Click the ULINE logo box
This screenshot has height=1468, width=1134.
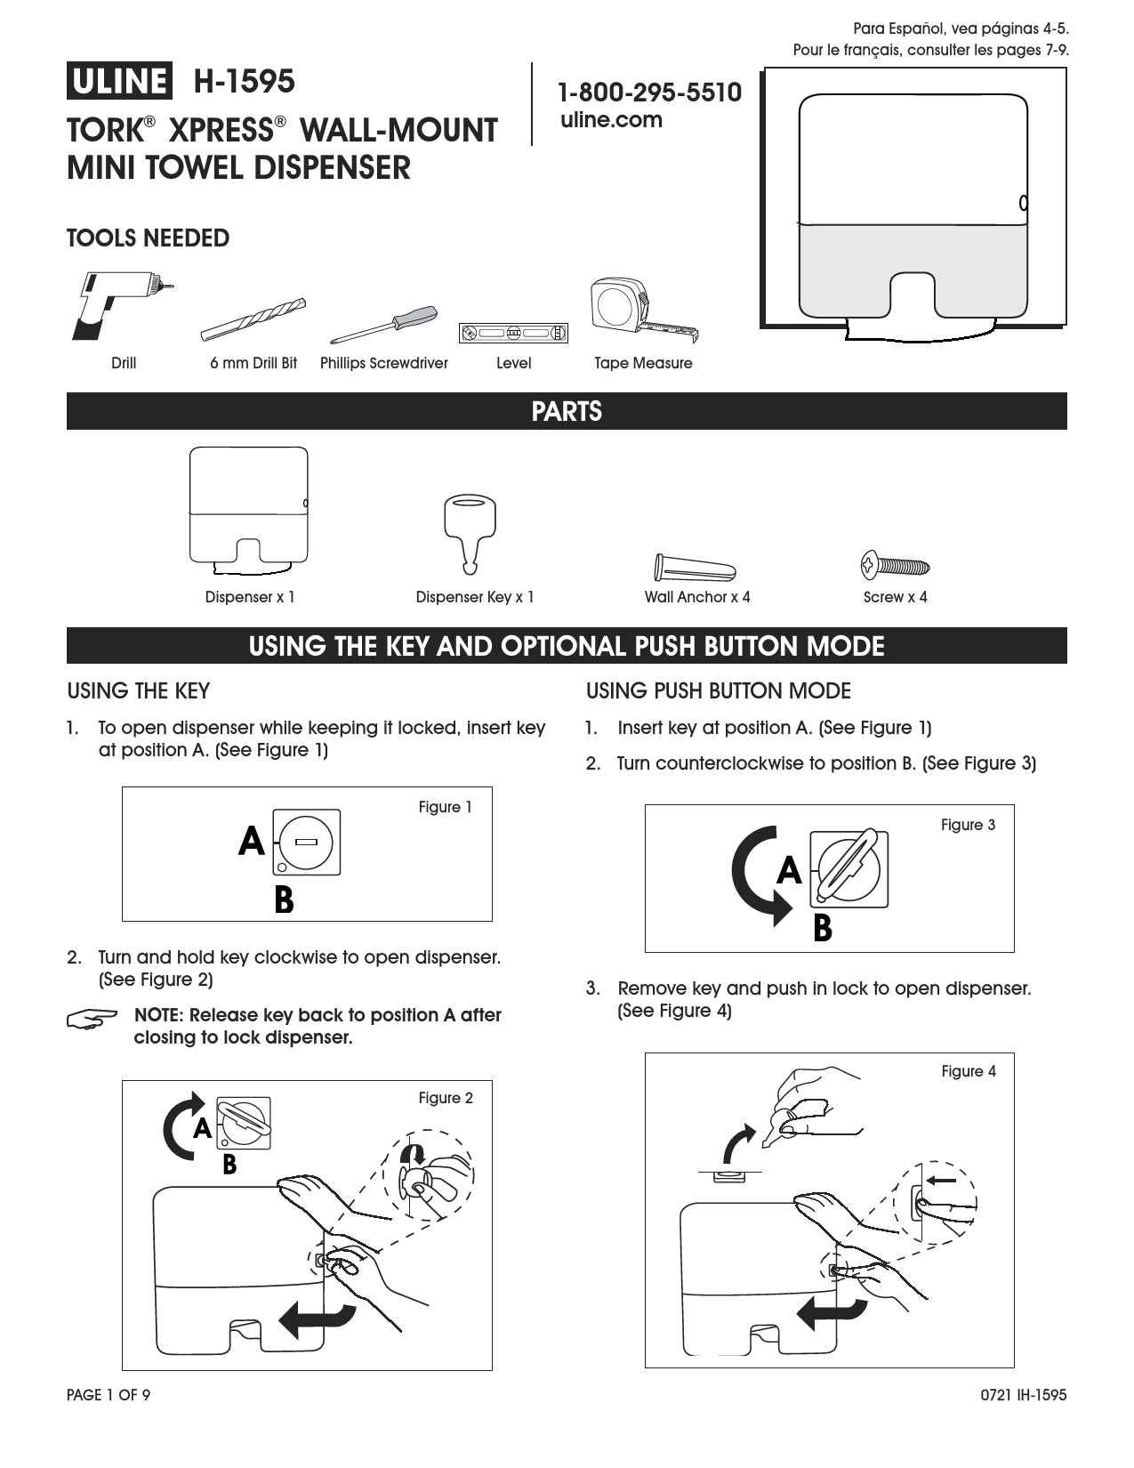(x=117, y=81)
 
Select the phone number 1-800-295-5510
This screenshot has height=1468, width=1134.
(x=649, y=92)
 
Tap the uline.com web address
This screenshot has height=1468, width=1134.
(x=611, y=120)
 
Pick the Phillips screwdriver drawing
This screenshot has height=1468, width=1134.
(x=383, y=324)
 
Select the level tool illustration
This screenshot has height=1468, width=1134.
(x=513, y=334)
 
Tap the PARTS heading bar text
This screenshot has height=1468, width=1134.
(x=567, y=412)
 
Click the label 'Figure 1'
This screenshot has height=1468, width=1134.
(x=445, y=808)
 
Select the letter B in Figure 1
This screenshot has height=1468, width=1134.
(x=284, y=900)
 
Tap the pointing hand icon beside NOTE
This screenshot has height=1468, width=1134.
(x=92, y=1019)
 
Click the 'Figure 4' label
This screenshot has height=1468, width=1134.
(x=968, y=1072)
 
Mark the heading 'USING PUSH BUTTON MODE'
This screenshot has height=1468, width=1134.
(x=719, y=691)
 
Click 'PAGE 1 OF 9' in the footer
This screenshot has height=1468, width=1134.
(x=109, y=1395)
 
